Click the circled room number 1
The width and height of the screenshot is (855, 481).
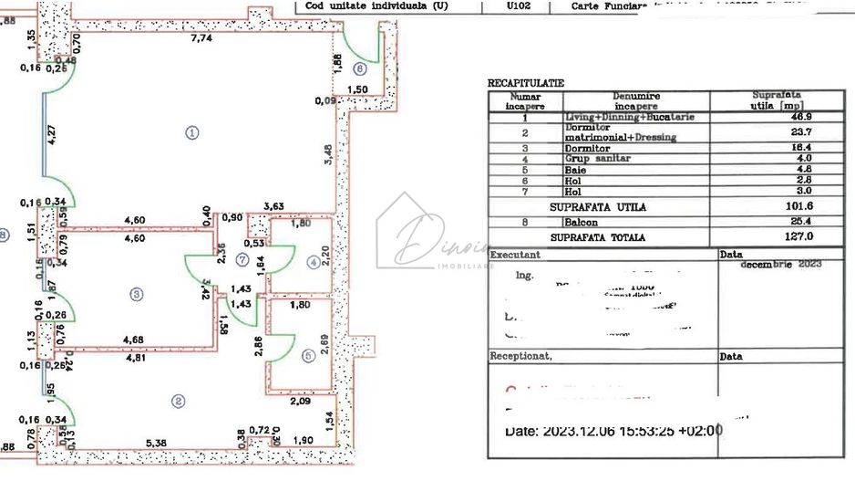click(x=192, y=132)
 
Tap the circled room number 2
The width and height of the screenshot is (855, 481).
click(x=179, y=401)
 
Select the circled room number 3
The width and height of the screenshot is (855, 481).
click(x=136, y=294)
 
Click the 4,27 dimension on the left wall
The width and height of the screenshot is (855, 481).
click(x=52, y=137)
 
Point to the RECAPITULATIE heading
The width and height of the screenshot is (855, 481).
click(x=526, y=83)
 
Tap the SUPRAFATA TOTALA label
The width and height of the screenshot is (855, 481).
click(x=598, y=237)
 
